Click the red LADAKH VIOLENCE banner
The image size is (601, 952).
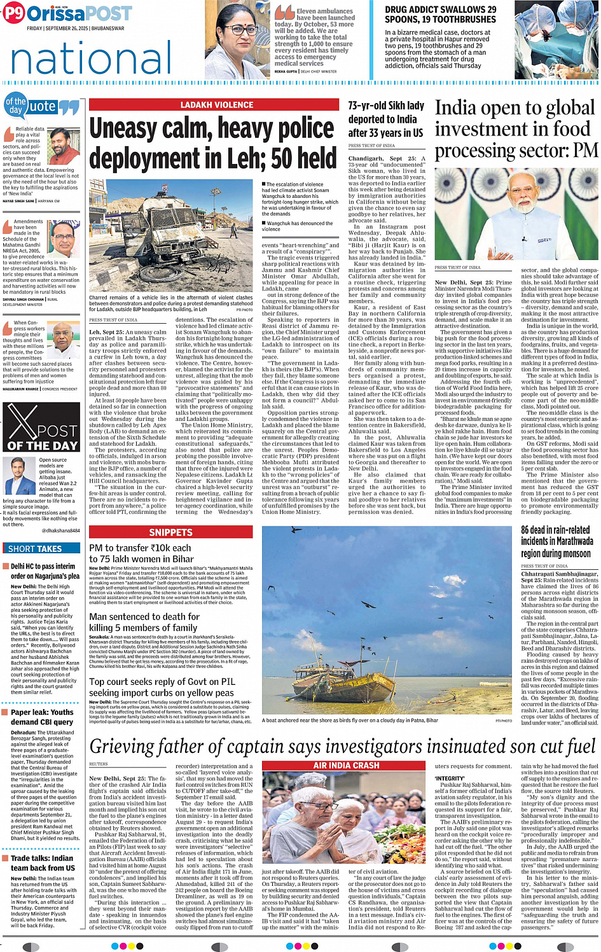[216, 105]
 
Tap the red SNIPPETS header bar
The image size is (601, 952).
[170, 532]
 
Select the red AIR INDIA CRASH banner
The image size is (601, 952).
[346, 765]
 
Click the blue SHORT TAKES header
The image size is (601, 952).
[41, 548]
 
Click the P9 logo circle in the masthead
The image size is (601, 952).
[13, 13]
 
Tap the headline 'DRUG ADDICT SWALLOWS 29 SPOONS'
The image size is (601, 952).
[440, 15]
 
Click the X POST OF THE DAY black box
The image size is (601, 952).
[41, 427]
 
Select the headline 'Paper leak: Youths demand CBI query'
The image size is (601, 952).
[42, 717]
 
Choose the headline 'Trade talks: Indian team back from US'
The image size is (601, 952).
[43, 863]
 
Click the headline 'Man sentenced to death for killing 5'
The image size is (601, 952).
[144, 622]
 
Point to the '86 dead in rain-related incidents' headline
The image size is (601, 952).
[557, 541]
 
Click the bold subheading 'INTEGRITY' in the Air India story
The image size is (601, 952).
[450, 778]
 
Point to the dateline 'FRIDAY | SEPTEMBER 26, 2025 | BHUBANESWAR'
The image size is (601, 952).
[75, 29]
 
